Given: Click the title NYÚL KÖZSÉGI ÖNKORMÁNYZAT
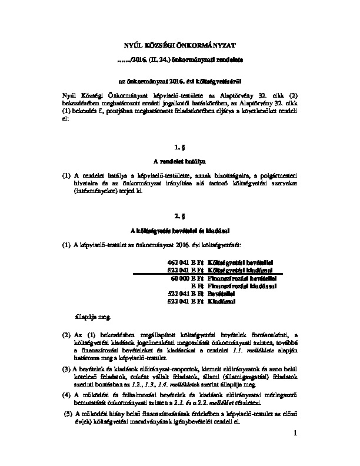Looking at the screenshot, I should pyautogui.click(x=180, y=45).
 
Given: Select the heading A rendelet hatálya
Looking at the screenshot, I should pyautogui.click(x=180, y=160).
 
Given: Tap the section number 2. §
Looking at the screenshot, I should pyautogui.click(x=180, y=215).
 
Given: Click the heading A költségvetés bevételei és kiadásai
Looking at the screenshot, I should pyautogui.click(x=180, y=231).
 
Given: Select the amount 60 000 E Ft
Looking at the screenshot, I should pyautogui.click(x=186, y=278).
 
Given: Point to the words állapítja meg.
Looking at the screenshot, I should pyautogui.click(x=92, y=317).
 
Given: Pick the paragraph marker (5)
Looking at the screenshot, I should pyautogui.click(x=68, y=414).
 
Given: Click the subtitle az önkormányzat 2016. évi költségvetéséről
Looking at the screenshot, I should pyautogui.click(x=180, y=78).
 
